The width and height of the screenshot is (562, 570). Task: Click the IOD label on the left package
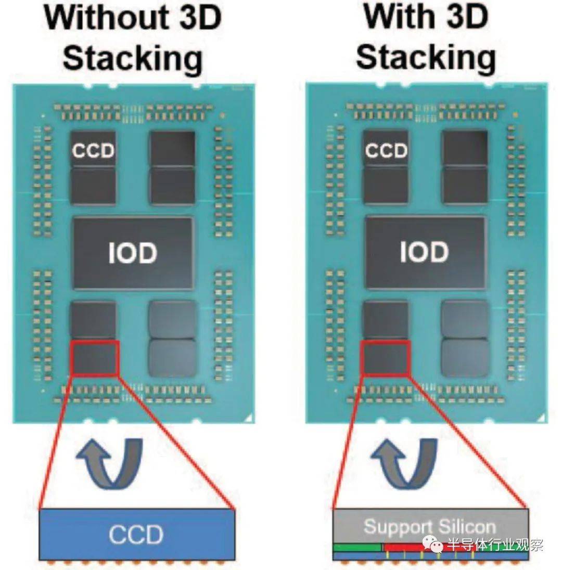click(133, 253)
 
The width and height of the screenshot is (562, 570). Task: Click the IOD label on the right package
click(424, 252)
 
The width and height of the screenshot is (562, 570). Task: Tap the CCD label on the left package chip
click(94, 150)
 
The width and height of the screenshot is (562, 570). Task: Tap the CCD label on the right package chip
click(386, 150)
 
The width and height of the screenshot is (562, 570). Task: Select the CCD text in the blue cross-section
click(136, 535)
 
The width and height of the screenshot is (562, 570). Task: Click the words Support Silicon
click(430, 526)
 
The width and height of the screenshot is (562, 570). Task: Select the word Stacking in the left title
click(133, 59)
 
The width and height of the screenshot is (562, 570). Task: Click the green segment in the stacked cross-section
click(357, 548)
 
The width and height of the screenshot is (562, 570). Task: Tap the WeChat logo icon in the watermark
click(433, 544)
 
